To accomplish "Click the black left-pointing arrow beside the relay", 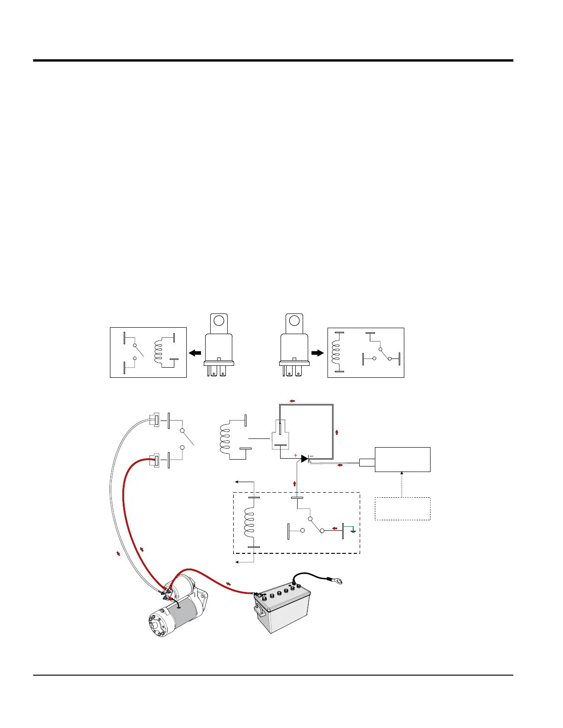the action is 195,353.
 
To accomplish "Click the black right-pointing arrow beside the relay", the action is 318,353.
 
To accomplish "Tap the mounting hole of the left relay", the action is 219,320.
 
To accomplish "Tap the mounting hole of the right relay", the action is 294,320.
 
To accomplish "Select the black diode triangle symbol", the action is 304,459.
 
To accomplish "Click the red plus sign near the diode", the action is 295,455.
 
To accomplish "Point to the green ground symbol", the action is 352,529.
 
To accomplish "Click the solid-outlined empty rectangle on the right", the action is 402,460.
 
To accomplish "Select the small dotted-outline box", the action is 402,508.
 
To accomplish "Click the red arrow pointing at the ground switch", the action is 335,528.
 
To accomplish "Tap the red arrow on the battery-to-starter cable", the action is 228,584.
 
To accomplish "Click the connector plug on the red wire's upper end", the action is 155,460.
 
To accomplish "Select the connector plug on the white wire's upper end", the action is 155,420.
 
